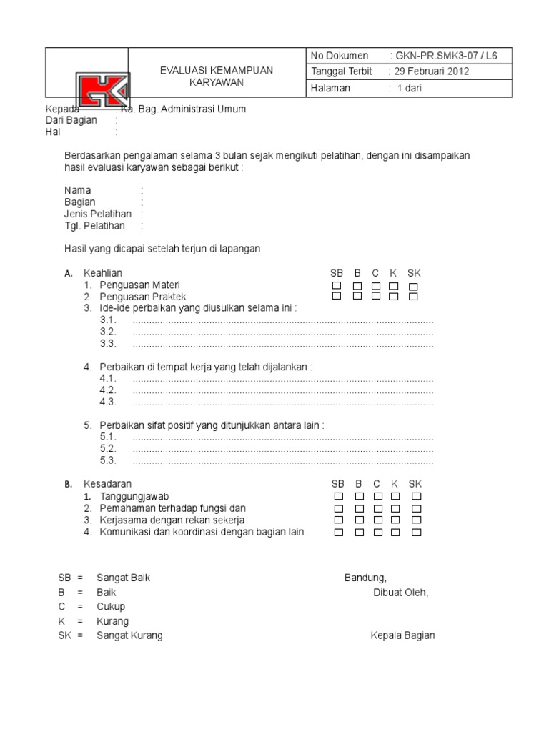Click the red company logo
(103, 94)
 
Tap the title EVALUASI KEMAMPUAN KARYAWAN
(216, 76)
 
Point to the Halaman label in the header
(329, 88)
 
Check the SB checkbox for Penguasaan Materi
(337, 286)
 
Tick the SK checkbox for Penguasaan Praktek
(413, 297)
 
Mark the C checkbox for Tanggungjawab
(377, 496)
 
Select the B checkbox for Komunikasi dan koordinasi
(359, 532)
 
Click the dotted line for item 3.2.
(283, 332)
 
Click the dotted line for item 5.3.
(283, 460)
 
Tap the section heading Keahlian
(103, 273)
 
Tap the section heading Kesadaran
(107, 484)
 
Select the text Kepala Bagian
(402, 635)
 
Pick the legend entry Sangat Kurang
(129, 635)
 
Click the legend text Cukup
(111, 607)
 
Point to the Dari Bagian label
(71, 120)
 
